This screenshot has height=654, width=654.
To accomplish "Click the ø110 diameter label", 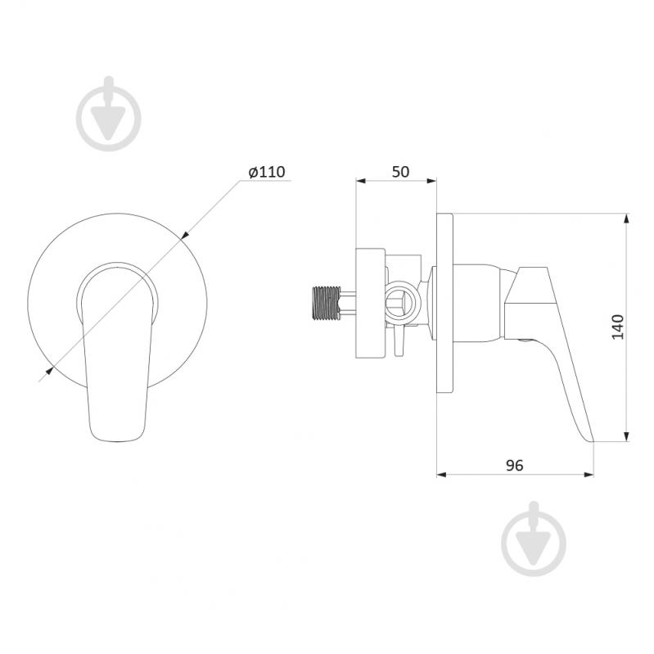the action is [x=267, y=172].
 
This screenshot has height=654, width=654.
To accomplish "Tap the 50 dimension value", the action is [x=400, y=172].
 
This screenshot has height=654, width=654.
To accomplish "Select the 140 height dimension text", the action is [x=618, y=327].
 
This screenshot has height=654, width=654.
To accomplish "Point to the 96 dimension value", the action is [x=514, y=465].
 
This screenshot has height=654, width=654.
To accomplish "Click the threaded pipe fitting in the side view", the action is [x=326, y=303].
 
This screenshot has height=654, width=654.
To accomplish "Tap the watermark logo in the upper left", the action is [x=109, y=114].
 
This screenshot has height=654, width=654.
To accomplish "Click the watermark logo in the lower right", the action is [x=534, y=539].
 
